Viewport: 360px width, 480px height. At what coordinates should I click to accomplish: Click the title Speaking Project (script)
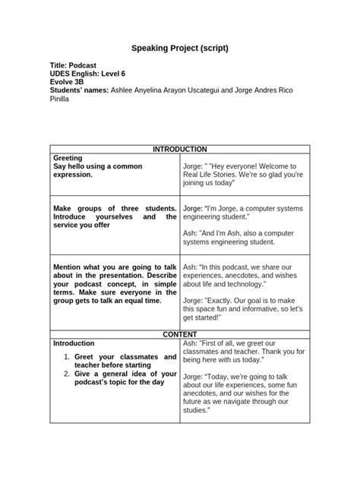point(179,49)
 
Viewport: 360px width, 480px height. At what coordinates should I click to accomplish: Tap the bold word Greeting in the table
point(68,158)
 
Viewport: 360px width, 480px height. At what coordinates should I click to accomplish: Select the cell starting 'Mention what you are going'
point(114,284)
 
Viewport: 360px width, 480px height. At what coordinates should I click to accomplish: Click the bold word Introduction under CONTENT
point(74,343)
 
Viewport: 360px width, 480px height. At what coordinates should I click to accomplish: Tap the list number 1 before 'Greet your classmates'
point(66,356)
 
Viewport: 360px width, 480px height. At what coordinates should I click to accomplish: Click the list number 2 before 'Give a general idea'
point(66,374)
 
